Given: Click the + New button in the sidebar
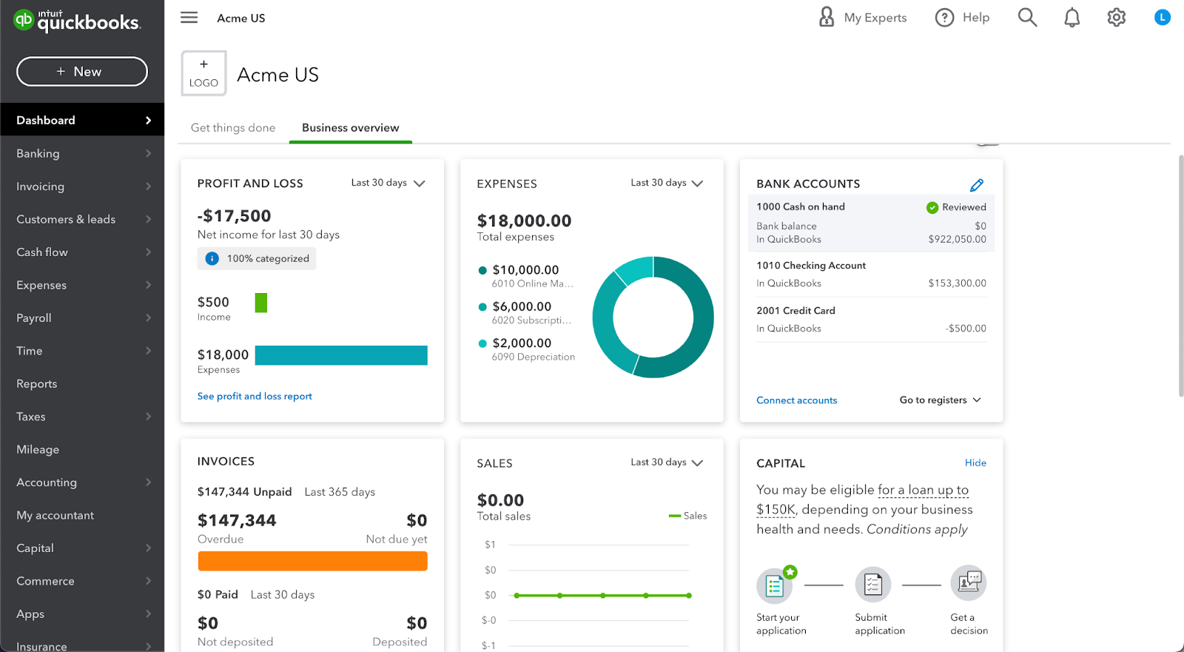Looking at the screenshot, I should tap(81, 72).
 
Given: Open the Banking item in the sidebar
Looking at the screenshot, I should tap(38, 154).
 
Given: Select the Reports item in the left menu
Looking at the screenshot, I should tap(37, 384).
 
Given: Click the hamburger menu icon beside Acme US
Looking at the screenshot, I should tap(189, 18).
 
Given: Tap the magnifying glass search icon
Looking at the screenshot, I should tap(1027, 18).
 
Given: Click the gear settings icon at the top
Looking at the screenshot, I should tap(1116, 18).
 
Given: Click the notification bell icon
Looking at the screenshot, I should tap(1072, 18).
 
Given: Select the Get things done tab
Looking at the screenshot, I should tap(233, 128).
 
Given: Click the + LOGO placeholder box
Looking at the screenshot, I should tap(203, 73).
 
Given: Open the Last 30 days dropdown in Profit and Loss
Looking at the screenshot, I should tap(388, 183).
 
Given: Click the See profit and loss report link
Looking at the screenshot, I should tap(255, 397).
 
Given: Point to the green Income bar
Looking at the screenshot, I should tap(261, 303).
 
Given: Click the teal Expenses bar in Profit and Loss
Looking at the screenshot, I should tap(341, 355).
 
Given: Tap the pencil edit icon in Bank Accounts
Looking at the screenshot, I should tap(976, 185).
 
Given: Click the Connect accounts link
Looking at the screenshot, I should tap(796, 400).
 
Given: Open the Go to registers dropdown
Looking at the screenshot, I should tap(940, 400).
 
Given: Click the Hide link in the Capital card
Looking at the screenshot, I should tap(975, 463).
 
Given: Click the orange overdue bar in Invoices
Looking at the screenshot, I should tap(312, 561).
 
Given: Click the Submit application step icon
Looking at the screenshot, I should tap(873, 585).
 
